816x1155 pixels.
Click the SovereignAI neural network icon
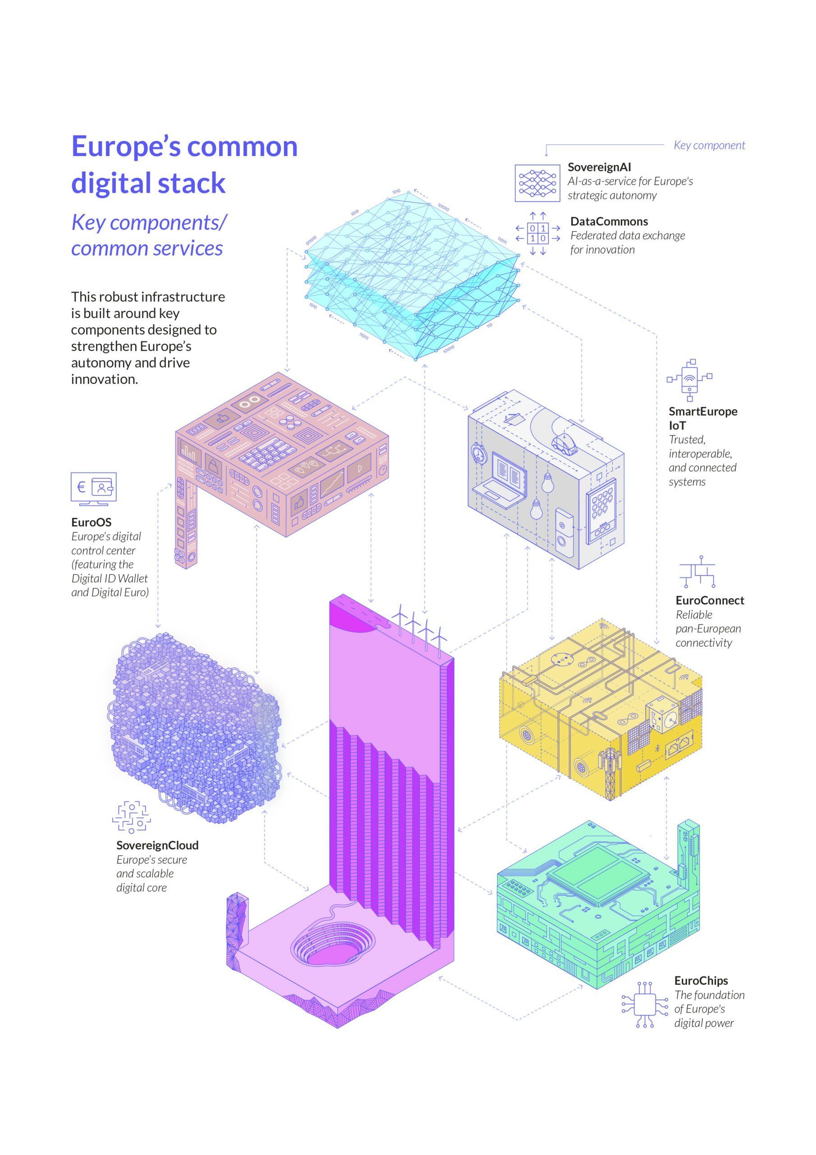pyautogui.click(x=537, y=183)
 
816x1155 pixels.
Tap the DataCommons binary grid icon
pyautogui.click(x=537, y=233)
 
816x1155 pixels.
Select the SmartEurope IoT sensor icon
pyautogui.click(x=689, y=380)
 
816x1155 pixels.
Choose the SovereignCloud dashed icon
pyautogui.click(x=131, y=818)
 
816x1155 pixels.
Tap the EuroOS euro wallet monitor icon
pyautogui.click(x=93, y=489)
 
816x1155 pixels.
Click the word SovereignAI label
pyautogui.click(x=599, y=167)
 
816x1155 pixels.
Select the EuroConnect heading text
pyautogui.click(x=710, y=600)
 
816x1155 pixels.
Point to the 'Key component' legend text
pyautogui.click(x=709, y=145)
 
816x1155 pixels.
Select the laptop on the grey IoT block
pyautogui.click(x=500, y=478)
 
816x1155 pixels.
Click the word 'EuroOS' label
pyautogui.click(x=91, y=522)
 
